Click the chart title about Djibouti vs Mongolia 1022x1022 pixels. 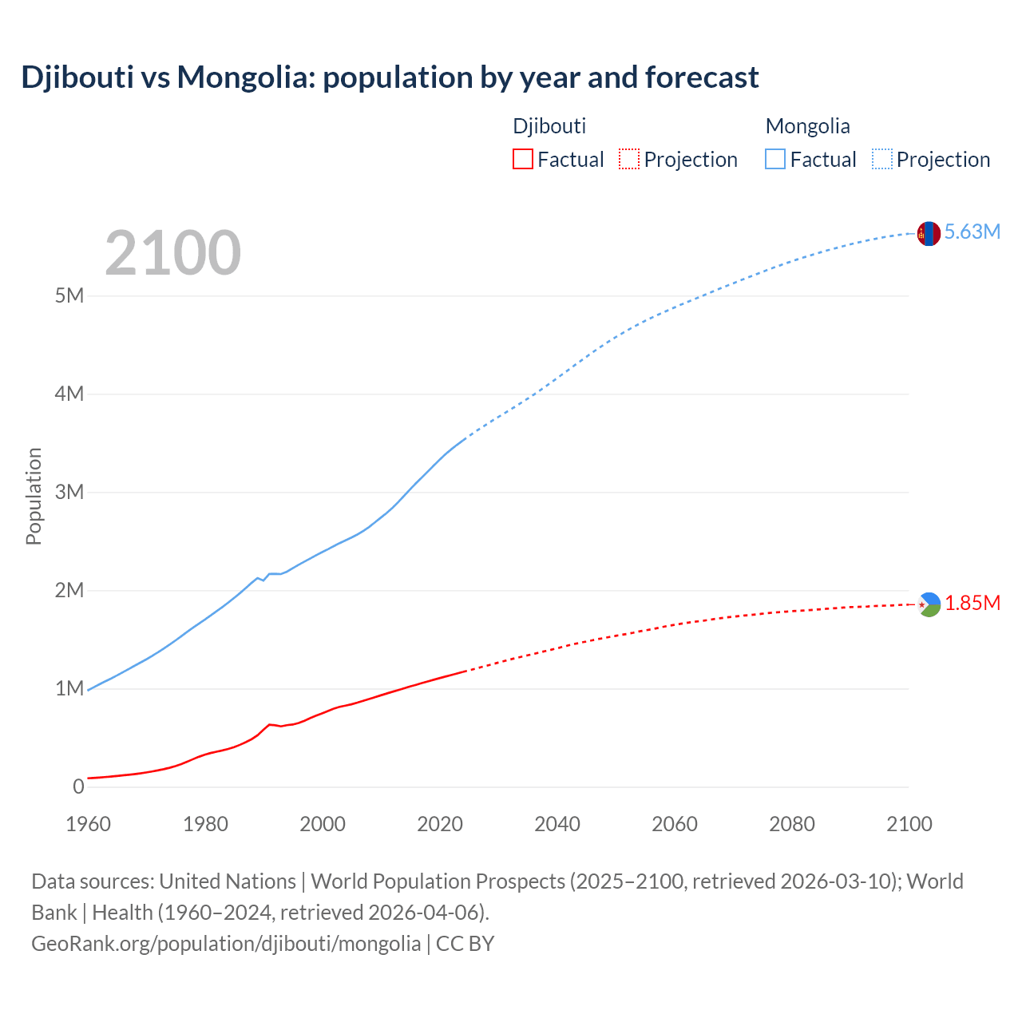[390, 77]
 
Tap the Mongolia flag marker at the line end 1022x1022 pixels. [928, 233]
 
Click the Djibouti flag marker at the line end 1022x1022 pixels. [929, 604]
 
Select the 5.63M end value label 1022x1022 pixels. [972, 232]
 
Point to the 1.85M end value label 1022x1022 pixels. [972, 604]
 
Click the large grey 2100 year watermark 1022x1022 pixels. [172, 253]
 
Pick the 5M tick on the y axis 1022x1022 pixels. [69, 296]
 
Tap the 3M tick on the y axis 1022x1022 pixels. [69, 492]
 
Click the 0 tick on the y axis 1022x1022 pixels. [77, 786]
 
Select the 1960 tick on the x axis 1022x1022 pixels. [88, 824]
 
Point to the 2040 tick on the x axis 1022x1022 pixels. [557, 824]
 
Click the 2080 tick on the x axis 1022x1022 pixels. [792, 824]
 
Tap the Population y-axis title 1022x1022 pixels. [34, 496]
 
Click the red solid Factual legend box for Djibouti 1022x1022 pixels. [522, 159]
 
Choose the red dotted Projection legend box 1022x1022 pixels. [629, 159]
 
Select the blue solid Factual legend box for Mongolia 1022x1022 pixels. [775, 159]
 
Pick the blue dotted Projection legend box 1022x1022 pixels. [881, 159]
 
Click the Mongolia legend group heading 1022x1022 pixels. [807, 126]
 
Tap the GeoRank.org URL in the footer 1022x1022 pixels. [226, 944]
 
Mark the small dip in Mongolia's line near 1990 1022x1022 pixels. [263, 580]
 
